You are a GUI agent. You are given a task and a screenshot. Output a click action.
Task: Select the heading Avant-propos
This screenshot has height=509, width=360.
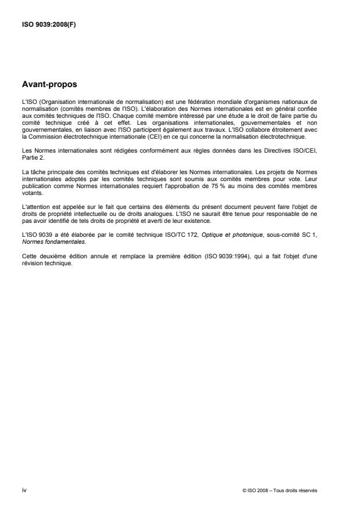48,85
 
